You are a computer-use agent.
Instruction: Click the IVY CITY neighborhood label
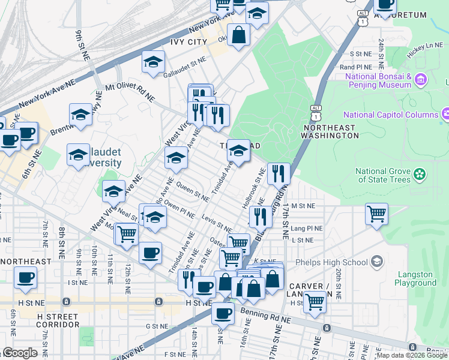188,42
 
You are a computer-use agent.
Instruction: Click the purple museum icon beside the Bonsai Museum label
420,79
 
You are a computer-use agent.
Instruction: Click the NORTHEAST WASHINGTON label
331,132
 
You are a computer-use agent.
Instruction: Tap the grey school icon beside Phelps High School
376,262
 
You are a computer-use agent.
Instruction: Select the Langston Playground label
415,279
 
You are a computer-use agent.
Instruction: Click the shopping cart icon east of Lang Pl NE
376,213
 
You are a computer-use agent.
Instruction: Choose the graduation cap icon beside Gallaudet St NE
153,62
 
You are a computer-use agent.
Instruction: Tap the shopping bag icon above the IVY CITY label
238,34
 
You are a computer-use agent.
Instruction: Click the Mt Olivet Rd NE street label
130,91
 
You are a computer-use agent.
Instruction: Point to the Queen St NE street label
192,192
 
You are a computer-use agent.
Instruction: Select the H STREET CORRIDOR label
58,320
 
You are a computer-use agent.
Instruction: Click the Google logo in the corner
20,353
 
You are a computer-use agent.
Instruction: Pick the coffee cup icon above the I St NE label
25,277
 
